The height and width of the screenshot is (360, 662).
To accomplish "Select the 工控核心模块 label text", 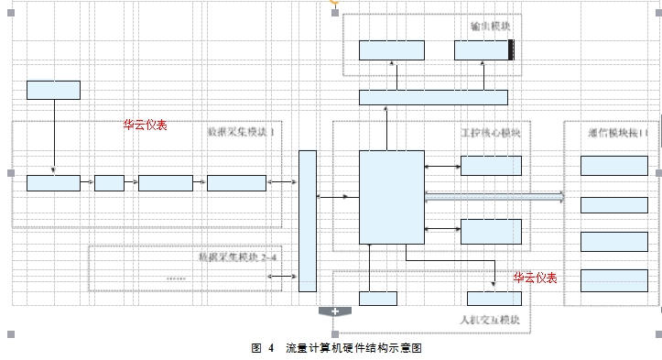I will click(489, 132).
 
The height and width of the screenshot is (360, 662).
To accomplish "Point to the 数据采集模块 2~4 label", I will click(236, 256).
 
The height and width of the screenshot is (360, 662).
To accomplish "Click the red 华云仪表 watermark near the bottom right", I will click(535, 278).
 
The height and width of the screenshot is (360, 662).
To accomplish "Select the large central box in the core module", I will click(391, 196).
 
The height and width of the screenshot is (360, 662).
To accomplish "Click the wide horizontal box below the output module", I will click(433, 97).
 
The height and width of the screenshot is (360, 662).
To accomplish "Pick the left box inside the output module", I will click(391, 50).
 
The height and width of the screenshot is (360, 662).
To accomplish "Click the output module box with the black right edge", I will click(484, 50).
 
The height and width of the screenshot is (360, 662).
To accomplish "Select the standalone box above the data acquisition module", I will click(53, 90).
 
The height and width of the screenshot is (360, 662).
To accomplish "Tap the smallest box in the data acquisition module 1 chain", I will click(109, 183).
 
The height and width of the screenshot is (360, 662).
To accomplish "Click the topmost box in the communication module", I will click(613, 166).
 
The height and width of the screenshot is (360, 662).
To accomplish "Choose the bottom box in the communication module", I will click(613, 278).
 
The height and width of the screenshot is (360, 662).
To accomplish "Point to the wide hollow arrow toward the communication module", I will click(494, 196).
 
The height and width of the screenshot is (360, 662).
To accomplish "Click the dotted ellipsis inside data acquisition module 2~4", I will click(178, 278).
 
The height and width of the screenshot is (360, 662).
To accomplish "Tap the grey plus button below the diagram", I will click(335, 312).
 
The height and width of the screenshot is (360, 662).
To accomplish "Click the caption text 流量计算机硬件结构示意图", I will click(353, 348).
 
